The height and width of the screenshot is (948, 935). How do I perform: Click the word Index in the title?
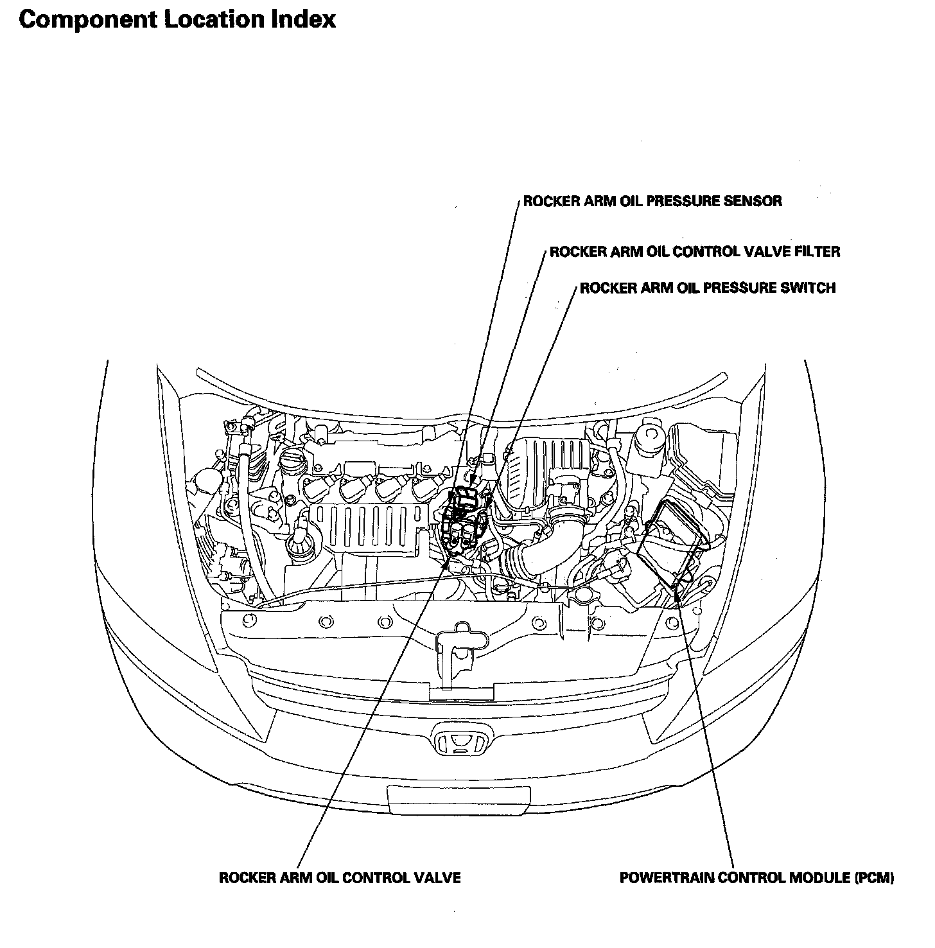302,19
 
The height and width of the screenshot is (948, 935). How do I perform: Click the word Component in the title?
87,21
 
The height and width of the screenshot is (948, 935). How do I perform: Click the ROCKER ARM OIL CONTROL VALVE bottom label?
340,878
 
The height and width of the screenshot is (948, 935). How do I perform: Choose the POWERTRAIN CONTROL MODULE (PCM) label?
756,878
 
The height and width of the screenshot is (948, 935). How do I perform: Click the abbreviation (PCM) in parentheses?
874,878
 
